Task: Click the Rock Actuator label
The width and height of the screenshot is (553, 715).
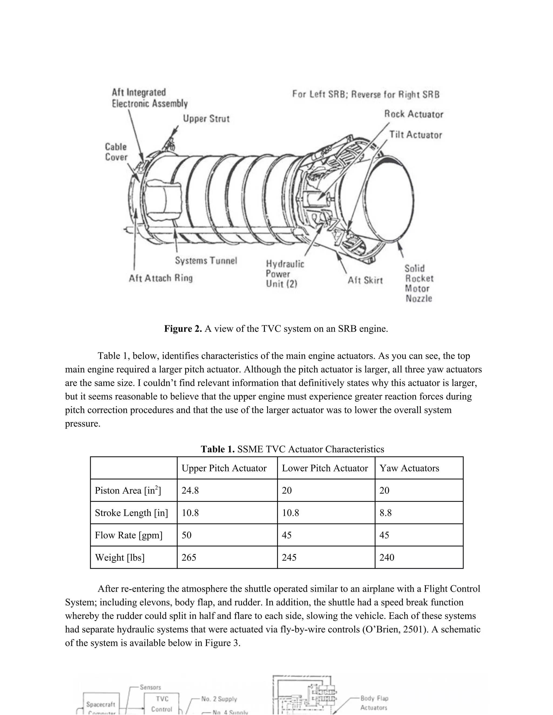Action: tap(413, 114)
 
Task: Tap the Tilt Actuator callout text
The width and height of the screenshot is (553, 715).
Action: tap(415, 135)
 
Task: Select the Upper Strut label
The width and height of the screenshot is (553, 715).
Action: tap(206, 118)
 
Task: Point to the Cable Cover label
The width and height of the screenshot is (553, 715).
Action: tap(116, 152)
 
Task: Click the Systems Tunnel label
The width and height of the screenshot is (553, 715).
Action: tap(206, 261)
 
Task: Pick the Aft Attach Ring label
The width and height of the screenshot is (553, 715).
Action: tap(161, 278)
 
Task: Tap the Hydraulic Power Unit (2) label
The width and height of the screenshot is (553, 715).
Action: tap(285, 274)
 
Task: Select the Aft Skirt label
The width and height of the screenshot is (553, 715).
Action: tap(365, 280)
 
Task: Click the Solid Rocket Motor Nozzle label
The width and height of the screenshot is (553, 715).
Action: tap(419, 284)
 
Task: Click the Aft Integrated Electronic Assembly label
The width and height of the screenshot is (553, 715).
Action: tap(149, 98)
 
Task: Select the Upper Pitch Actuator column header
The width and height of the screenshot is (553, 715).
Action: tap(224, 468)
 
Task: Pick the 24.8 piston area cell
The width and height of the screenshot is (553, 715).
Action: tap(190, 491)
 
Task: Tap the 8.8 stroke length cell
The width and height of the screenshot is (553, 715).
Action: tap(386, 513)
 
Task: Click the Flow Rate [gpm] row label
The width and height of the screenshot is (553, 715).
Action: tap(129, 535)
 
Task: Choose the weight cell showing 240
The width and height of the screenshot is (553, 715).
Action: tap(387, 557)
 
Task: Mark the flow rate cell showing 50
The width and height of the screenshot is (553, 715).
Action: tap(186, 535)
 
